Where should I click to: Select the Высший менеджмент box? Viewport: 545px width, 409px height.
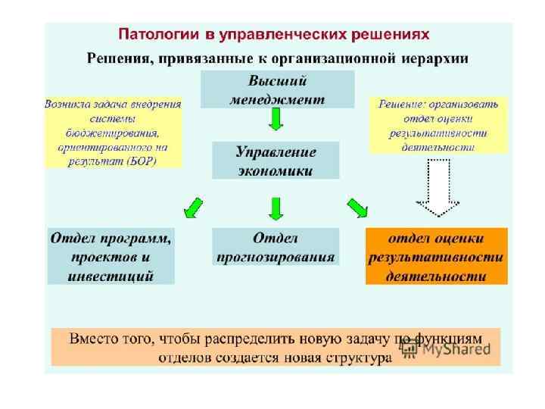click(276, 89)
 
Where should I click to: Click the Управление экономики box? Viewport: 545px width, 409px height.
click(276, 161)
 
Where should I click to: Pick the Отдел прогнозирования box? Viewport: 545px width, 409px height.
click(275, 247)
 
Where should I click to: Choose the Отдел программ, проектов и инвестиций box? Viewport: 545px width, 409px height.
click(111, 256)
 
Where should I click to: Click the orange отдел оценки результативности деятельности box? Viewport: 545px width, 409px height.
click(436, 256)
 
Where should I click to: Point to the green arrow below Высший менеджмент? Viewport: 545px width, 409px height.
click(276, 119)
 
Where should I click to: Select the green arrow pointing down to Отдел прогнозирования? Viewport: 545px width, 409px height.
click(276, 208)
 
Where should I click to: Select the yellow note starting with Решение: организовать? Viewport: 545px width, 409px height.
click(438, 125)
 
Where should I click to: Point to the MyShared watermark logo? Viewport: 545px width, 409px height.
click(448, 350)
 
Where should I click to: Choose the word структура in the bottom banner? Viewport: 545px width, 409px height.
click(360, 357)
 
